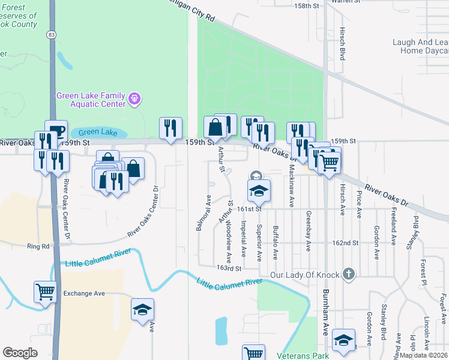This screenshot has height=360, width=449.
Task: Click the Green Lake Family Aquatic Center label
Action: coord(91,100)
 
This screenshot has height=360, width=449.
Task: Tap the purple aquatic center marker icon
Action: coord(134,97)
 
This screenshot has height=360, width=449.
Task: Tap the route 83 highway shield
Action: coord(51,35)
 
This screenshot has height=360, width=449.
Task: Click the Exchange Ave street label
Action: coord(85,293)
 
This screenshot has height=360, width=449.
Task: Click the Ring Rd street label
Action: coord(37,246)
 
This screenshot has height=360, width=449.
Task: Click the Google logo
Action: coord(20,353)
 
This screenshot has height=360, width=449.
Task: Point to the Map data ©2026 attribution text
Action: coord(423,355)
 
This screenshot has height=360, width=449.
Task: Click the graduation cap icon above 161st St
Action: coord(259,190)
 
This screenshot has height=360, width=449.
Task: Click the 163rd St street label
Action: coord(229,268)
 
